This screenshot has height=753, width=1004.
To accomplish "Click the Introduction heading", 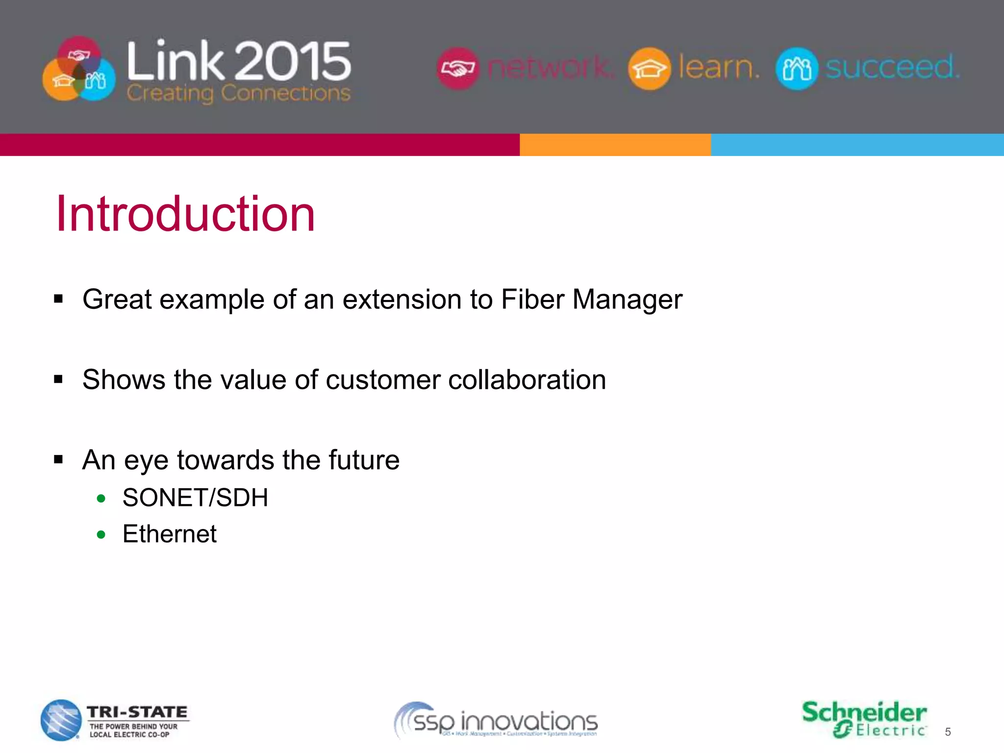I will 185,214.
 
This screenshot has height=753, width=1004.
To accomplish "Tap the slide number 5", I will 948,732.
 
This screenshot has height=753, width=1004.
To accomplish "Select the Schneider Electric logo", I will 864,719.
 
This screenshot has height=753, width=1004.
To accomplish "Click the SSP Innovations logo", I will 496,721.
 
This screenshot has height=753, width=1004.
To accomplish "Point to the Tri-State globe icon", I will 61,720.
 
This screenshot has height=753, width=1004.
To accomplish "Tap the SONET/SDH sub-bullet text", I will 195,498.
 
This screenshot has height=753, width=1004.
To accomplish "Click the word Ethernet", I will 169,534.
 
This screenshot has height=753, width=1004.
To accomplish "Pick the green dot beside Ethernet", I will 101,534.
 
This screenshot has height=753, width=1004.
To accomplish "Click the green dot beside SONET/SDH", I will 101,499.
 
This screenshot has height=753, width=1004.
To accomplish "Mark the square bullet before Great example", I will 59,299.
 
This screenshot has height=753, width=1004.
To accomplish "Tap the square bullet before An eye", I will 59,460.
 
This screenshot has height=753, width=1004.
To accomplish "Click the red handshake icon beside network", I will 457,68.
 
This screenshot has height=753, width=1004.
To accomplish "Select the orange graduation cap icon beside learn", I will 649,68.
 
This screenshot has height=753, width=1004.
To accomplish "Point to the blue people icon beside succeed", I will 797,68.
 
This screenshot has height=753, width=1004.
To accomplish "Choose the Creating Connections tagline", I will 238,93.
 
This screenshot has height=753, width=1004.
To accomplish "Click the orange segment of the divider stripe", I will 615,145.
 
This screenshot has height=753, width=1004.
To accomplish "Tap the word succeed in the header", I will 892,67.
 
